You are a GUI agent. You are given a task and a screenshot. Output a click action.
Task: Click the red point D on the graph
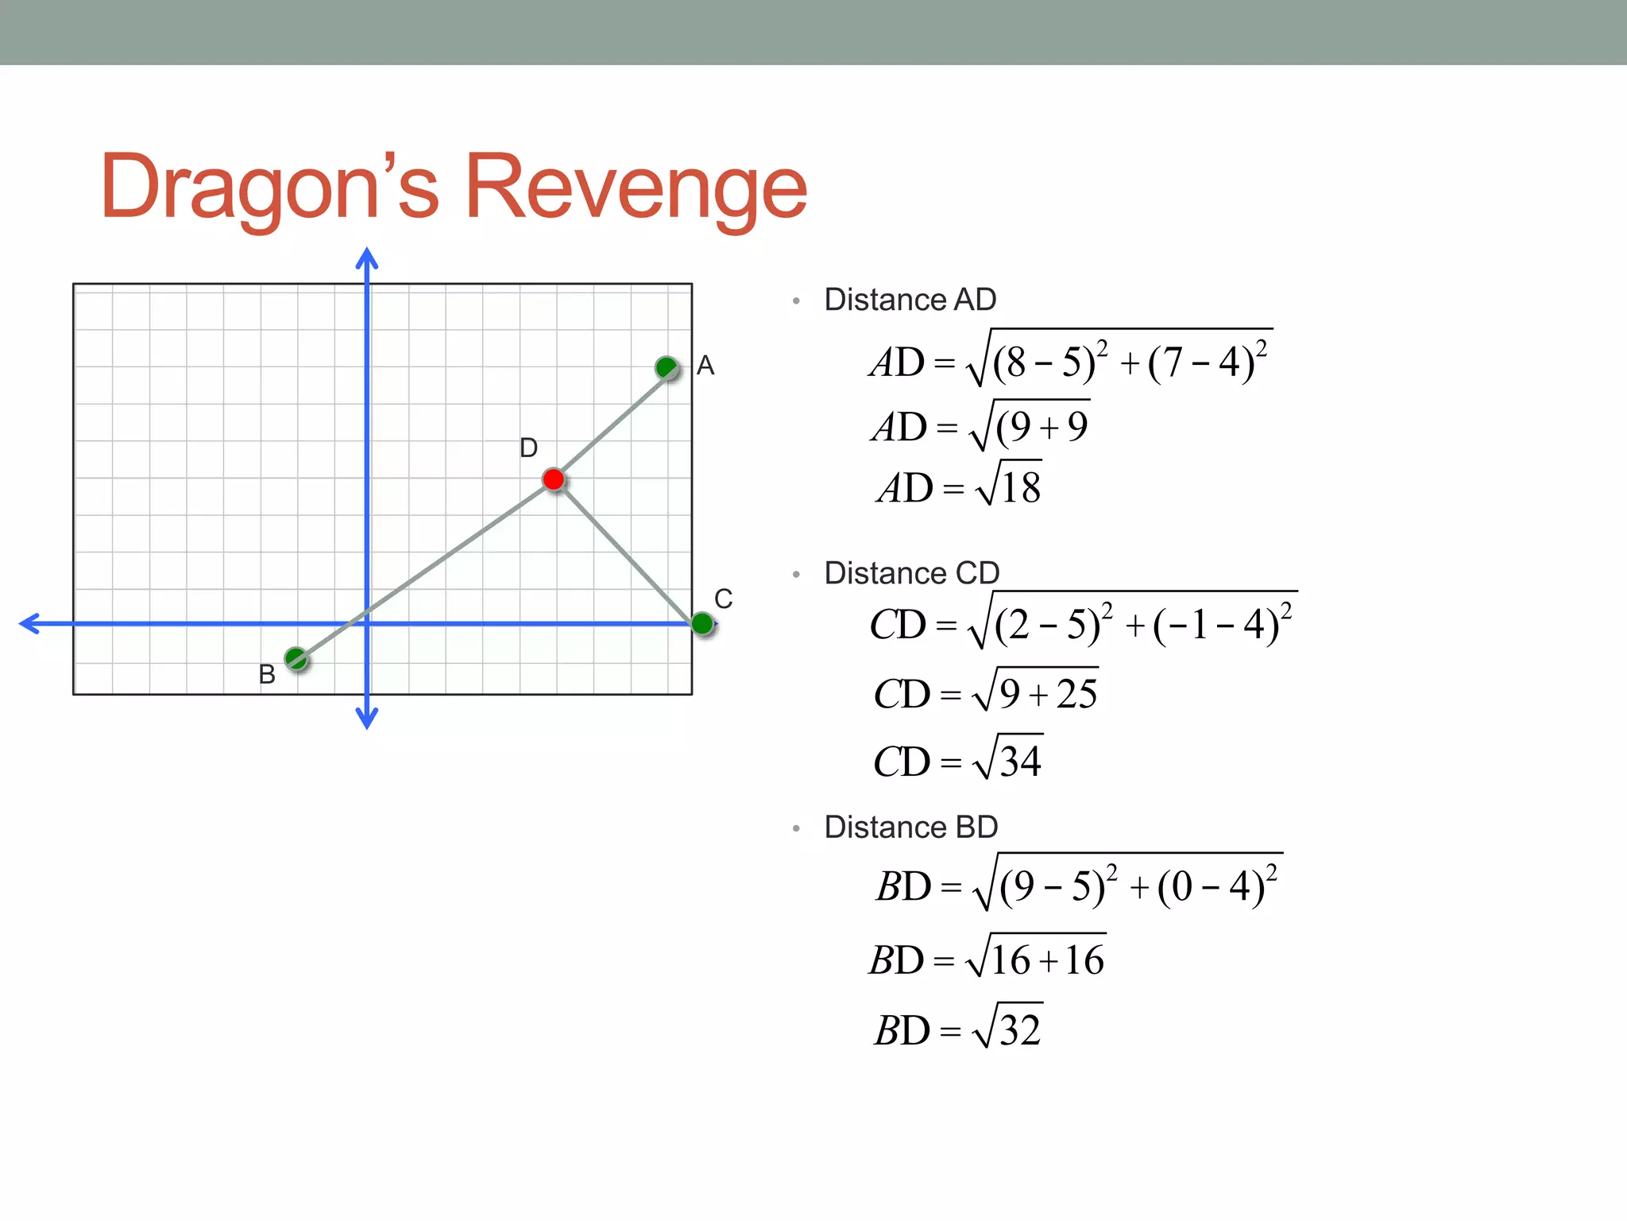(x=554, y=479)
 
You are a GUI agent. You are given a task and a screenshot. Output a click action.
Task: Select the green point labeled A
(x=667, y=368)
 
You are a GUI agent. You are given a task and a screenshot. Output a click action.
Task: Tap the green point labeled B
(x=296, y=658)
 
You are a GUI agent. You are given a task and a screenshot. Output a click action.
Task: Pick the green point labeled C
(x=702, y=624)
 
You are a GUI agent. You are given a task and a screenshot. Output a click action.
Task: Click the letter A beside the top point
(x=705, y=366)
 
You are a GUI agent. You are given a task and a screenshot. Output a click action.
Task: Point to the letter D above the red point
(x=528, y=448)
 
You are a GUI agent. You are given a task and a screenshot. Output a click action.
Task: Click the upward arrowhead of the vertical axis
(x=366, y=258)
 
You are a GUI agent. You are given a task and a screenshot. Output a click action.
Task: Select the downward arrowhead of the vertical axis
(x=366, y=719)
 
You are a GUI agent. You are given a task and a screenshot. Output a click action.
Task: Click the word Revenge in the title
(x=636, y=187)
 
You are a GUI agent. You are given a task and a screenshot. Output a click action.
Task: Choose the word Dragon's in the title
(x=269, y=187)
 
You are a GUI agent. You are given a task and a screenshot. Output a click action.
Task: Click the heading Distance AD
(x=910, y=300)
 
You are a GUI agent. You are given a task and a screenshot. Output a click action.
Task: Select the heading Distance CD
(x=911, y=573)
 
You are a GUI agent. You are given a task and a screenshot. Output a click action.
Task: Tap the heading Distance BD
(x=910, y=828)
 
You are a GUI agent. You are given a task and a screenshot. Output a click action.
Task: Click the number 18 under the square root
(x=1021, y=488)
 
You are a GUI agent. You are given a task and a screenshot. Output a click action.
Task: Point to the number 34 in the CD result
(x=1020, y=762)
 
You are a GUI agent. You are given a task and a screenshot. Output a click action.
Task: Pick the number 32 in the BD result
(x=1020, y=1031)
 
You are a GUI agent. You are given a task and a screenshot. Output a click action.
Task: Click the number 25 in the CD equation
(x=1076, y=694)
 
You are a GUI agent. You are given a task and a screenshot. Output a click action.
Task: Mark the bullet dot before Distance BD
(x=796, y=829)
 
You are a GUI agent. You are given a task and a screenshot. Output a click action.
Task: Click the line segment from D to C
(x=628, y=552)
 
